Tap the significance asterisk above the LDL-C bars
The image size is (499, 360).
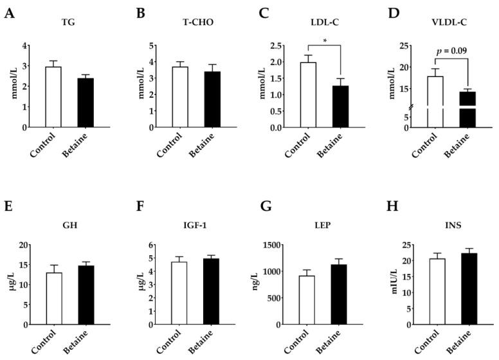[325, 40]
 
